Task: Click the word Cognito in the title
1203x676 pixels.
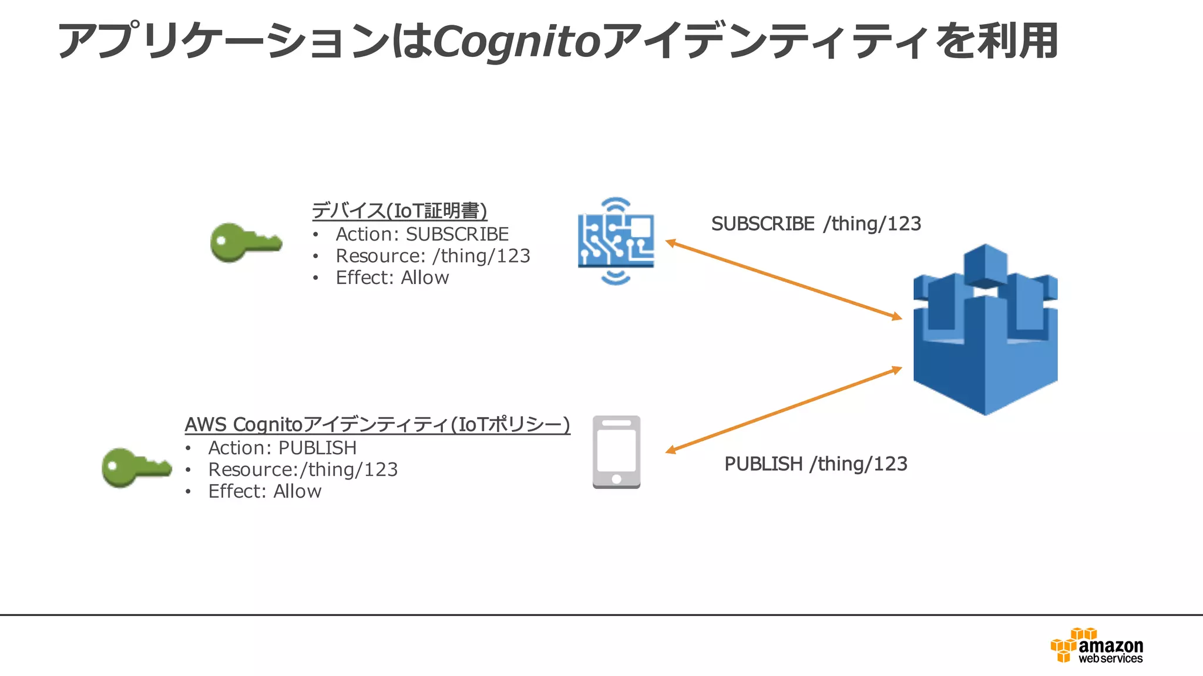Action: (x=517, y=41)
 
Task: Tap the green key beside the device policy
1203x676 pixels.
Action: (x=246, y=242)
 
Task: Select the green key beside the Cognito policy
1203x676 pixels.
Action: (x=136, y=467)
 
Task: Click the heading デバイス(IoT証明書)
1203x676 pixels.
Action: (x=399, y=211)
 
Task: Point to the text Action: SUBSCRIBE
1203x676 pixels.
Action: (x=422, y=234)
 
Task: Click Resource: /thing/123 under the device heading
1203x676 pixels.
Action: (x=432, y=256)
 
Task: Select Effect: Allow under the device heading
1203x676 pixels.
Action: (x=392, y=278)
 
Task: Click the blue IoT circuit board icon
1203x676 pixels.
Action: (x=616, y=241)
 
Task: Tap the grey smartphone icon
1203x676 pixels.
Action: (x=616, y=452)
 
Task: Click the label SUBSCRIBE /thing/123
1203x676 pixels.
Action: (x=816, y=224)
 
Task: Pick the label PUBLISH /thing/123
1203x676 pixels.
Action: (x=815, y=464)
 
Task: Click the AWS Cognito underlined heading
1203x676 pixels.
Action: (x=377, y=424)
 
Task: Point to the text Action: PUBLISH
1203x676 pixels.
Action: (x=282, y=448)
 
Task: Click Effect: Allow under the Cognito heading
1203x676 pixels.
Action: (x=264, y=491)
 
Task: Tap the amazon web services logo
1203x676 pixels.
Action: (x=1097, y=646)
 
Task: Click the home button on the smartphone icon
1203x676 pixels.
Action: (x=616, y=479)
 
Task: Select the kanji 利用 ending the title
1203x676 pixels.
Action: (x=1017, y=41)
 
